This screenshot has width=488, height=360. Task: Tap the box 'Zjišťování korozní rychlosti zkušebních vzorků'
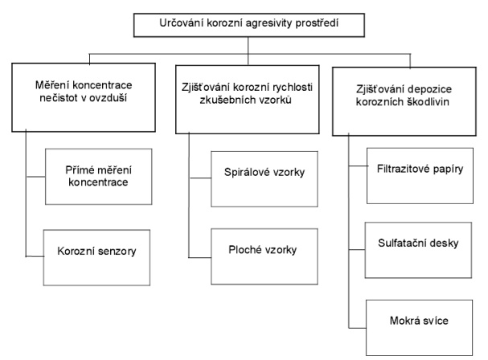click(x=248, y=100)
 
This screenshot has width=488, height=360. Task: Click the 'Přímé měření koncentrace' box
click(x=97, y=176)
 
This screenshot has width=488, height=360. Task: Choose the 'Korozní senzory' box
click(x=97, y=252)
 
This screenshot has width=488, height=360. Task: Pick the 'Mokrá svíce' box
click(x=422, y=322)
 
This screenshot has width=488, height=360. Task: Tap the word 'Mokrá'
click(x=408, y=322)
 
